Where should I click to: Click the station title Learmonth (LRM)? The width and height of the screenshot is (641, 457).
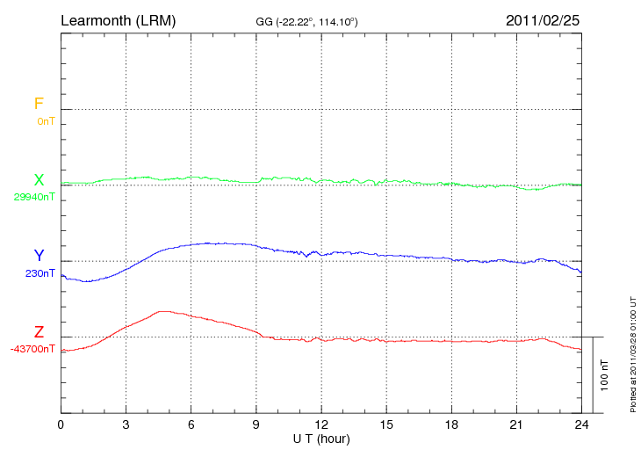118,19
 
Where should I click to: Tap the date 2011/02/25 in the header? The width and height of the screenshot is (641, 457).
543,19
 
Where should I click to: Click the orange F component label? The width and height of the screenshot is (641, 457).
39,104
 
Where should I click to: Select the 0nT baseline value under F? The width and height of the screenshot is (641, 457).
46,121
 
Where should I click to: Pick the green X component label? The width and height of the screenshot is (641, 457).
39,180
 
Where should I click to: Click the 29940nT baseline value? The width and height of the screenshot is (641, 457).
34,197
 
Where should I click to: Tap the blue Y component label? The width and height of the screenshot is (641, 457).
39,256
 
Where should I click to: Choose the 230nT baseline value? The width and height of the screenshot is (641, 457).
40,273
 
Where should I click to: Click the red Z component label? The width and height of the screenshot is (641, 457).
39,332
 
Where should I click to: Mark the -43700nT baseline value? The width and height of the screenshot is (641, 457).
33,349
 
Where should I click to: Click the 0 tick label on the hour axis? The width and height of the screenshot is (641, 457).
61,424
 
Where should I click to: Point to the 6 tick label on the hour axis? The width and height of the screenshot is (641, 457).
191,424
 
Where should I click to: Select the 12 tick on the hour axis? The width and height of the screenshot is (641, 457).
321,424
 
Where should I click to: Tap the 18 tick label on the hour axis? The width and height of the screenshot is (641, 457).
451,424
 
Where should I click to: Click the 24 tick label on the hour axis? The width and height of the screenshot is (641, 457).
581,424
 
